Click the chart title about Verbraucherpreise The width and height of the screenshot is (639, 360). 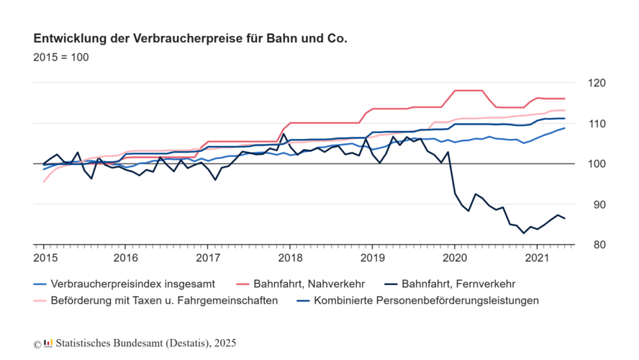(x=190, y=37)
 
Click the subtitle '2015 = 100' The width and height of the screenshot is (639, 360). (x=61, y=58)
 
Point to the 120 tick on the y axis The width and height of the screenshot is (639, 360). (x=599, y=84)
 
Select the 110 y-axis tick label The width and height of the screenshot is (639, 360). (x=599, y=124)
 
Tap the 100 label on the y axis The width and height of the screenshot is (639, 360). (x=599, y=164)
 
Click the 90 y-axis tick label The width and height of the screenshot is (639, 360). (x=599, y=204)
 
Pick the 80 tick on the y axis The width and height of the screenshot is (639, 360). (x=599, y=245)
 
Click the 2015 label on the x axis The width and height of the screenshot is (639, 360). (x=44, y=257)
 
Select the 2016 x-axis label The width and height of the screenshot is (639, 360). (x=126, y=257)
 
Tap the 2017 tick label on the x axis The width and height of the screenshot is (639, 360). (x=208, y=257)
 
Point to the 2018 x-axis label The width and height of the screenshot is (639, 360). (x=290, y=257)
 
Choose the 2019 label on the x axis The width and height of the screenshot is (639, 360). (x=372, y=257)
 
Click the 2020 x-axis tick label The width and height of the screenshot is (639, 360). (x=454, y=257)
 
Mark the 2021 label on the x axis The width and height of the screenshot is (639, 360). (x=536, y=257)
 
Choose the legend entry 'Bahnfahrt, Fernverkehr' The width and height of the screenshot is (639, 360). (x=458, y=284)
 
